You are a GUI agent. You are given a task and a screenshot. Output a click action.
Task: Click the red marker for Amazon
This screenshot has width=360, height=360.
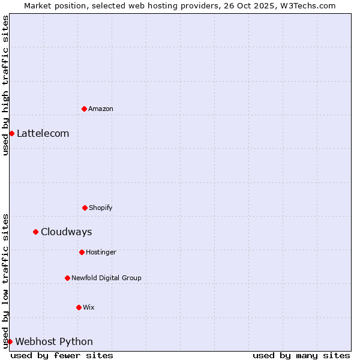[84, 109]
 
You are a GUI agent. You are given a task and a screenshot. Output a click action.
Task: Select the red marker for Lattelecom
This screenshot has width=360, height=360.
[11, 133]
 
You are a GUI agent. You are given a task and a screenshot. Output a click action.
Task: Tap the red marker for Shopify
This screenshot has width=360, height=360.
[85, 208]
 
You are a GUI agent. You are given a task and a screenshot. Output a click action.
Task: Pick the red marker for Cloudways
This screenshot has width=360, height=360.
[35, 232]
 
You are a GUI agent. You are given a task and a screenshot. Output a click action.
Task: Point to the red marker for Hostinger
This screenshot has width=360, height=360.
[82, 252]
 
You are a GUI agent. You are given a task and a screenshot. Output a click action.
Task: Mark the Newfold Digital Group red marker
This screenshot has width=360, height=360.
[67, 278]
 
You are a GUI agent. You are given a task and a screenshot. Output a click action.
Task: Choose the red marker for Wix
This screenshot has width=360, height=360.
[79, 307]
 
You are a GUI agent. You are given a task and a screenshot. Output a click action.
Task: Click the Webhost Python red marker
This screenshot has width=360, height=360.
[10, 341]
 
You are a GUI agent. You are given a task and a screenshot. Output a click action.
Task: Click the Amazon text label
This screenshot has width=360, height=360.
[101, 109]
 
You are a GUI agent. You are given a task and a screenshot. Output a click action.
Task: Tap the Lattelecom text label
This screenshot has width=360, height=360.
[43, 133]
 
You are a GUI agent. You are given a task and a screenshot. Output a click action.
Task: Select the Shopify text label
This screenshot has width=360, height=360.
[101, 208]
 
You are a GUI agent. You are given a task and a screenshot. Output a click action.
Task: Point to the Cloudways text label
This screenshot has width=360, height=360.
[66, 232]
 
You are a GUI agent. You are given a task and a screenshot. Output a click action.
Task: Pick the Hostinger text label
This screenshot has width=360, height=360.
[101, 252]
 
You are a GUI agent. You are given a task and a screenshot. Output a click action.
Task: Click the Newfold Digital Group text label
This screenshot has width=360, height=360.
[106, 278]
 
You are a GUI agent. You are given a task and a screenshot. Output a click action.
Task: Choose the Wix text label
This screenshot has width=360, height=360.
[89, 307]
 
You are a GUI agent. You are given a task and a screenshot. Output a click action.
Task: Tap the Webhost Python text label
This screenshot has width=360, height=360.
[54, 341]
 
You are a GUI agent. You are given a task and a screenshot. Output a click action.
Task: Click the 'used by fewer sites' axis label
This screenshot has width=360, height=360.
[62, 355]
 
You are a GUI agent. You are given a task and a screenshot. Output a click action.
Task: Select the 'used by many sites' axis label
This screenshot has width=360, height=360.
[301, 355]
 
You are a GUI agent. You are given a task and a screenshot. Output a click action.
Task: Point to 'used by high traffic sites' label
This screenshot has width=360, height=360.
[5, 85]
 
